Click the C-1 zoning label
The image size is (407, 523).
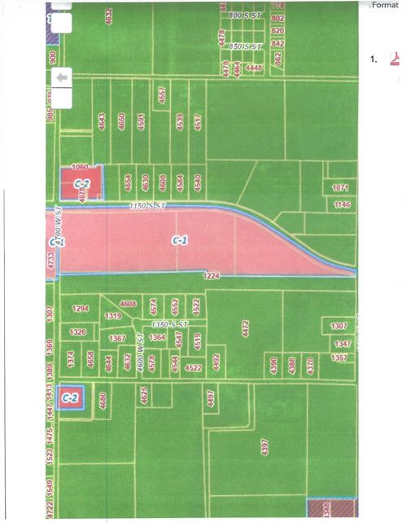[x=180, y=240]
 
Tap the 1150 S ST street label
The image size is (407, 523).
[x=147, y=208]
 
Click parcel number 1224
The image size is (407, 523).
[x=212, y=275]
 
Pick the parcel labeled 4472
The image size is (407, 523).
[x=244, y=327]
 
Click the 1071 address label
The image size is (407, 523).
[x=341, y=188]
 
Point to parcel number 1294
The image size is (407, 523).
[x=80, y=310]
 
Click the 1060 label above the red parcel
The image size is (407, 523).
[x=79, y=167]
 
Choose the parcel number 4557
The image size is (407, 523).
[x=163, y=95]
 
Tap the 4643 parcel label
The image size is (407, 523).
[x=102, y=121]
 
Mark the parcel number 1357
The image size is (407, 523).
[x=339, y=357]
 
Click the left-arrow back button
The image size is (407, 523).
[x=62, y=76]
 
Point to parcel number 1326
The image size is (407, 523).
[x=78, y=332]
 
